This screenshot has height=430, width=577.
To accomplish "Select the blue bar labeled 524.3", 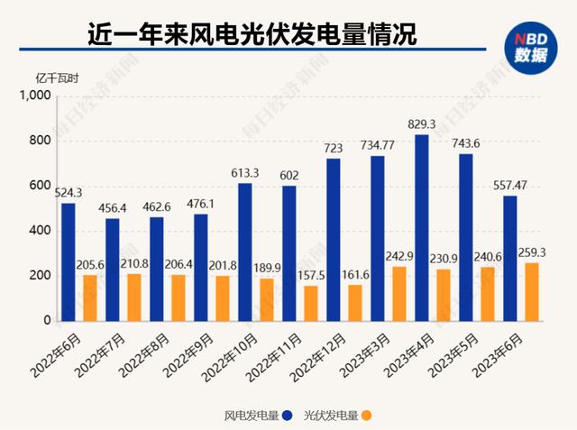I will tap(69, 261).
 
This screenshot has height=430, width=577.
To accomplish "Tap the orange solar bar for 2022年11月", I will tap(311, 303).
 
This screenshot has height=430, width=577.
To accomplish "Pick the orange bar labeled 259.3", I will tap(532, 291).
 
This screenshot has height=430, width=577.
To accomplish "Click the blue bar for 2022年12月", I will tap(334, 240).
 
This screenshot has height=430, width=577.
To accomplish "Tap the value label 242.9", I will tap(399, 257).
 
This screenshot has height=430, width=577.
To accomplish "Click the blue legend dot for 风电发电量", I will tap(285, 416).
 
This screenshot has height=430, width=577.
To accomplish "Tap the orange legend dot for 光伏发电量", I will tap(367, 416).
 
